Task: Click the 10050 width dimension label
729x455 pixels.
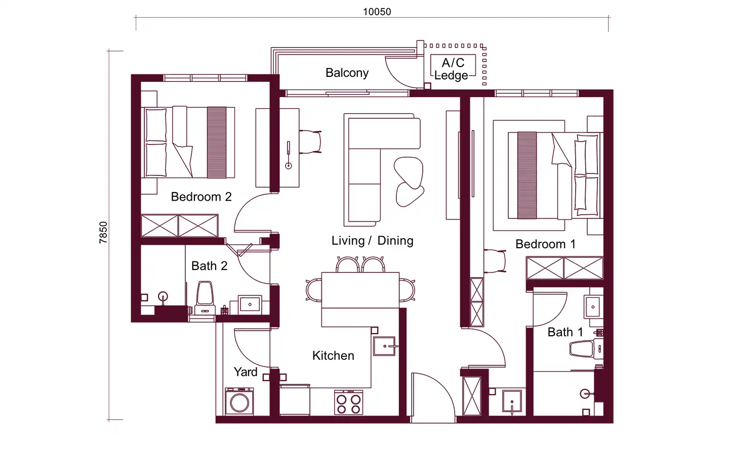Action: (x=377, y=12)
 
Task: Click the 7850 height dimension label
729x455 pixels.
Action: (x=103, y=233)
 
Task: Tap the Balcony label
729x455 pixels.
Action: (x=347, y=73)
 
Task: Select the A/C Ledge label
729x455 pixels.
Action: (x=453, y=69)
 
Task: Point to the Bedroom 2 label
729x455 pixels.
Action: (x=201, y=197)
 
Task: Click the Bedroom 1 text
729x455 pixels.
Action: (x=545, y=244)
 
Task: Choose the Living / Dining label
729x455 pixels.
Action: (x=372, y=241)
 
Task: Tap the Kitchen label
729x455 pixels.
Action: (x=333, y=355)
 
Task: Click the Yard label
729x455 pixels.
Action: (x=246, y=372)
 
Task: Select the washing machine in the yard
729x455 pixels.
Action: (x=239, y=401)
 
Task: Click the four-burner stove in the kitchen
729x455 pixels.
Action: (x=348, y=402)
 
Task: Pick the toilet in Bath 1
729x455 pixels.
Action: (x=586, y=349)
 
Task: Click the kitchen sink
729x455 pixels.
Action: (x=384, y=346)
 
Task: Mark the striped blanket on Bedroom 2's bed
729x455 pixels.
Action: (x=217, y=143)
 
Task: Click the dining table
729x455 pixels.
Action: (x=360, y=290)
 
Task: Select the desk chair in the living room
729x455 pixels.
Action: (x=310, y=142)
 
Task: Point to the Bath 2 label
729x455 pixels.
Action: (x=209, y=266)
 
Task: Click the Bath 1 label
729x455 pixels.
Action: (x=565, y=332)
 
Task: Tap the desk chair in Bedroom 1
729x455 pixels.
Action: (x=495, y=261)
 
